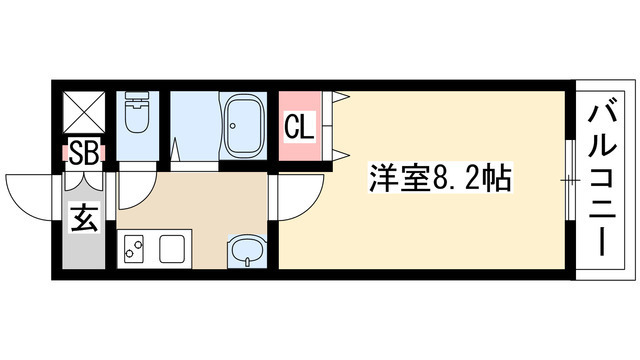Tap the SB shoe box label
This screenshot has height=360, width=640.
pos(83,154)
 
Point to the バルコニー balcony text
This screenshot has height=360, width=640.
pos(604,181)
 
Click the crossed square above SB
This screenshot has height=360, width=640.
pos(82,111)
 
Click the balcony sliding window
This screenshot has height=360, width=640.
pos(570,180)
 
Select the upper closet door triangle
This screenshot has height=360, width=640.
pos(341,98)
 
